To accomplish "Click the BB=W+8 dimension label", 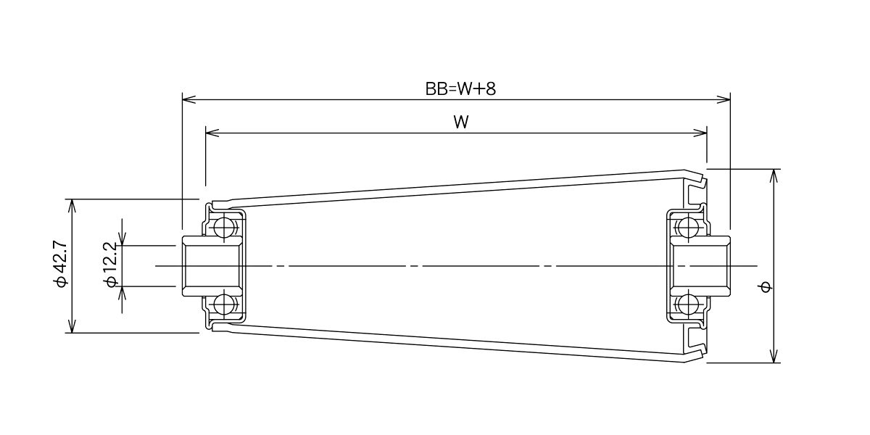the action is [x=460, y=89].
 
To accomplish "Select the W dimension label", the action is [x=461, y=123].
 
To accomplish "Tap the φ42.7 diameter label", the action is [x=61, y=264].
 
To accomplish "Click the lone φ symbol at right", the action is [x=766, y=287].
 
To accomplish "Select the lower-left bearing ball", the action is [x=223, y=304].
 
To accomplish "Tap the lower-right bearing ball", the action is [x=687, y=304].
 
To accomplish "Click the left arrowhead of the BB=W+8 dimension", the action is [x=188, y=99].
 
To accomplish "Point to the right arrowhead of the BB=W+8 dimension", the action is [x=724, y=99].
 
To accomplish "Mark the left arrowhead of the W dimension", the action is [x=212, y=133].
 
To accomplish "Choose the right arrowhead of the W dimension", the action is [x=700, y=133].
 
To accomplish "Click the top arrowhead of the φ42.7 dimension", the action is [x=72, y=206].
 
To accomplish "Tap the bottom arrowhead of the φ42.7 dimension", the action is [x=72, y=326].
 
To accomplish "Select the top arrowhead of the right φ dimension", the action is [x=775, y=176].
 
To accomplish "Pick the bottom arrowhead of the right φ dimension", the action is [x=775, y=356].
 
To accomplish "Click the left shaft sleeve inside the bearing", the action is [x=212, y=266].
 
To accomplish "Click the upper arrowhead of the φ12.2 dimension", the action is [x=123, y=239].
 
